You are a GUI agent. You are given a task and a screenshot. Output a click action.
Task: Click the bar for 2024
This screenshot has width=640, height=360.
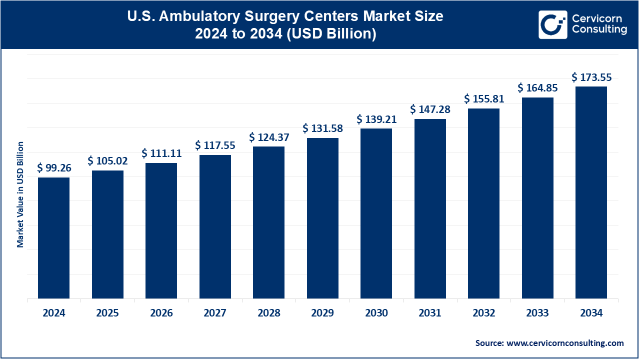pyautogui.click(x=53, y=238)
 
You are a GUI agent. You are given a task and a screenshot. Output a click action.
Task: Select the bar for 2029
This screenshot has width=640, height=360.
pyautogui.click(x=322, y=218)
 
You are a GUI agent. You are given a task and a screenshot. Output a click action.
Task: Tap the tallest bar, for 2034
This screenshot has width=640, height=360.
pyautogui.click(x=591, y=192)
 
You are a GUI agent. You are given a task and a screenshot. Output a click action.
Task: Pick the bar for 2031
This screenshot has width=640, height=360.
pyautogui.click(x=430, y=209)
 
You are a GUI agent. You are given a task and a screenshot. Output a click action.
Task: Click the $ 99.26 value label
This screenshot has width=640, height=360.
pyautogui.click(x=54, y=167)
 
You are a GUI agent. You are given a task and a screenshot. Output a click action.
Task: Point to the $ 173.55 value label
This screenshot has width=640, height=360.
pyautogui.click(x=591, y=77)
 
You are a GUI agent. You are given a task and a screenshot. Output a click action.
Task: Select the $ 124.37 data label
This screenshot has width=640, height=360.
pyautogui.click(x=269, y=137)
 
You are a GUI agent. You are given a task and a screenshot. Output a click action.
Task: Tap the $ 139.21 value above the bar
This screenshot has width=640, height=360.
pyautogui.click(x=376, y=119)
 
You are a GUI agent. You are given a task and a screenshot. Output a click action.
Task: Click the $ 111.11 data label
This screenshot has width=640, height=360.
pyautogui.click(x=161, y=153)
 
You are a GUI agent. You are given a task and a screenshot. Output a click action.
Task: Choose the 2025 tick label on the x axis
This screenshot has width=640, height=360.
pyautogui.click(x=107, y=313)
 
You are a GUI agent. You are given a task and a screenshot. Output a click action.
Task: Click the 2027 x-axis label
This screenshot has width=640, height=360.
pyautogui.click(x=215, y=313)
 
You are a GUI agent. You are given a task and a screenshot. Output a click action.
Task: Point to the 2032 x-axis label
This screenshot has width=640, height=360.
pyautogui.click(x=483, y=313)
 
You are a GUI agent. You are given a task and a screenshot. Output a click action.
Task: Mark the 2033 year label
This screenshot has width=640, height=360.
pyautogui.click(x=537, y=313)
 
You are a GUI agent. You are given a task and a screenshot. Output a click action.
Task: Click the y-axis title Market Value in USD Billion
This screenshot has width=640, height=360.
pyautogui.click(x=20, y=194)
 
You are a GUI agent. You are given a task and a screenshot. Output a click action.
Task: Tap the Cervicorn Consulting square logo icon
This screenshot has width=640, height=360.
pyautogui.click(x=553, y=24)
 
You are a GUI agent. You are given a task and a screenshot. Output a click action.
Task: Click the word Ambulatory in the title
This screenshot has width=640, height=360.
pyautogui.click(x=199, y=16)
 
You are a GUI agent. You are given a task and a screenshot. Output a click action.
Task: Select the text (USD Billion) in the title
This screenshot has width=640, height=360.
pyautogui.click(x=331, y=33)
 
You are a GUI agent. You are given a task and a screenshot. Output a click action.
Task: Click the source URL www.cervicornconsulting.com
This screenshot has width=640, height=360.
pyautogui.click(x=565, y=343)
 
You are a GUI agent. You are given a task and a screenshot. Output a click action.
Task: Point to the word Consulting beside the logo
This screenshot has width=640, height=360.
pyautogui.click(x=599, y=29)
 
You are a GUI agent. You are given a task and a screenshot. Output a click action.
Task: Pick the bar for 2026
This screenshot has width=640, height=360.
pyautogui.click(x=161, y=231)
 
